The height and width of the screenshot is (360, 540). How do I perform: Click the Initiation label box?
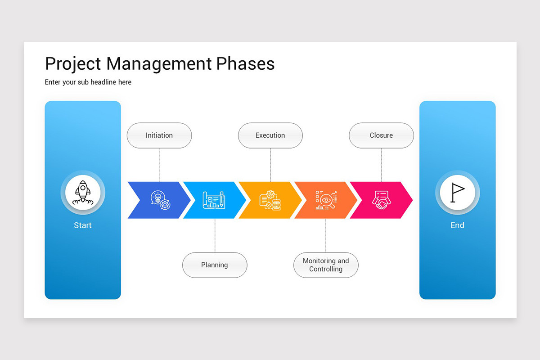click(159, 135)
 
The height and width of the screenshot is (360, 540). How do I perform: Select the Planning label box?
click(215, 265)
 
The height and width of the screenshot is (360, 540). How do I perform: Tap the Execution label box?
click(270, 135)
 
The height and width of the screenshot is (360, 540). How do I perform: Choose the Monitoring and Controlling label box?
click(326, 265)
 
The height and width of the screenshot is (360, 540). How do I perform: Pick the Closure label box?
click(381, 135)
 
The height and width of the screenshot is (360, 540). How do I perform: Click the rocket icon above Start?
click(83, 193)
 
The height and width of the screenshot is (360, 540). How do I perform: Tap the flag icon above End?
click(457, 193)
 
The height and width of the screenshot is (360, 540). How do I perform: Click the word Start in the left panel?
click(83, 225)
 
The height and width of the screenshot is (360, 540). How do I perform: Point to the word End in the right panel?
click(457, 225)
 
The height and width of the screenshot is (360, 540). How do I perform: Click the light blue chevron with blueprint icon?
click(214, 200)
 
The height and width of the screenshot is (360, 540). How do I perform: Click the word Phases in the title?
click(245, 64)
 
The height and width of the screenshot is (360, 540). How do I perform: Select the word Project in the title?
click(73, 64)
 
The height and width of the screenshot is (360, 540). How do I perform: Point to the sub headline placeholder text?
click(88, 82)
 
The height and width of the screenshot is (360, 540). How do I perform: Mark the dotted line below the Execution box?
click(270, 165)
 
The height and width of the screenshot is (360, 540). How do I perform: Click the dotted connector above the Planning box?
click(215, 235)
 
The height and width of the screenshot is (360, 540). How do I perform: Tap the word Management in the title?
click(159, 64)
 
